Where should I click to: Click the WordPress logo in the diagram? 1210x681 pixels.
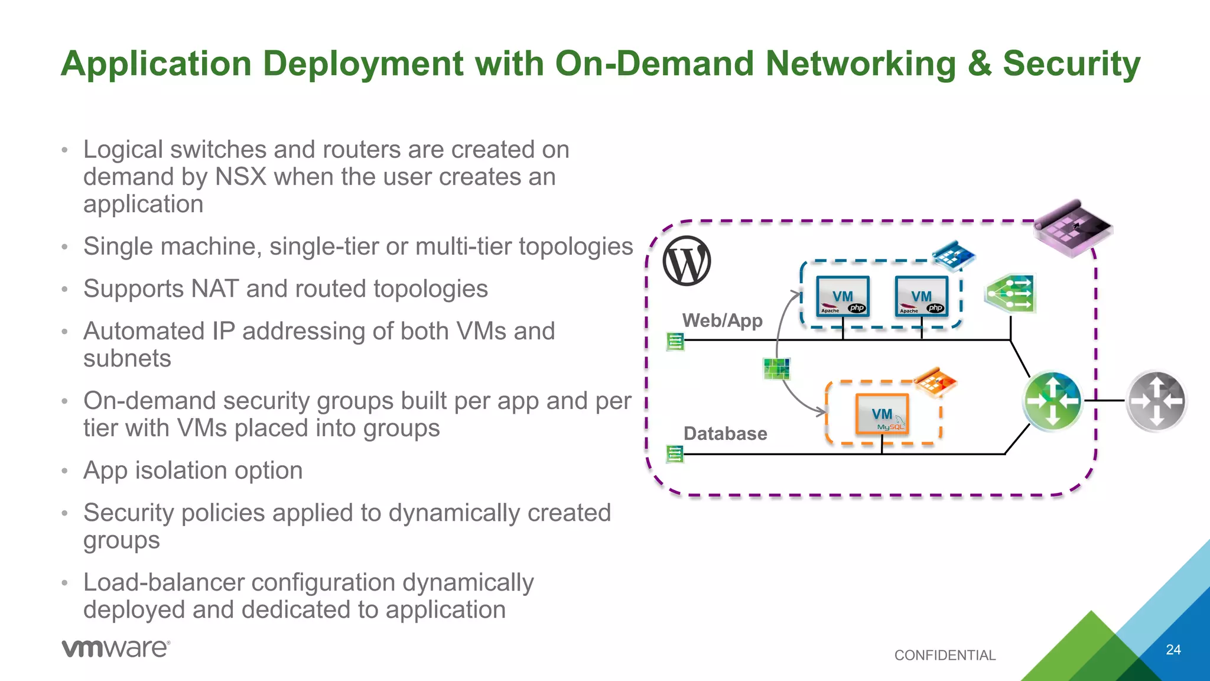coord(687,261)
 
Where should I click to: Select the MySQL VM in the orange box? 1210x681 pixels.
coord(882,414)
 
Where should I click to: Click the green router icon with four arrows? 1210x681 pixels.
coord(1052,401)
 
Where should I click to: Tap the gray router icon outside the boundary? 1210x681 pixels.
coord(1156,401)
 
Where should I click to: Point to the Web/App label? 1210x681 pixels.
coord(722,320)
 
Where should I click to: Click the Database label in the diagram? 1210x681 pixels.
coord(725,433)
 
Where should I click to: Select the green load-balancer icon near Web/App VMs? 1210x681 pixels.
coord(1010,293)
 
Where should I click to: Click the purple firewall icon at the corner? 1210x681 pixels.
coord(1072,228)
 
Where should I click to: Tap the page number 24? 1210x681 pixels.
coord(1173,650)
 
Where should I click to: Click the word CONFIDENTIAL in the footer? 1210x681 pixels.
coord(945,655)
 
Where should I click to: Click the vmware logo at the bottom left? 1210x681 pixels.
coord(116,648)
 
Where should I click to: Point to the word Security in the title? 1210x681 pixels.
coord(1071,63)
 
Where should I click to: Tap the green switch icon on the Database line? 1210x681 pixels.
coord(675,454)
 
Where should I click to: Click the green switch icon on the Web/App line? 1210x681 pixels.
coord(675,341)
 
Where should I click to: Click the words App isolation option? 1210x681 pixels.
coord(193,471)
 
